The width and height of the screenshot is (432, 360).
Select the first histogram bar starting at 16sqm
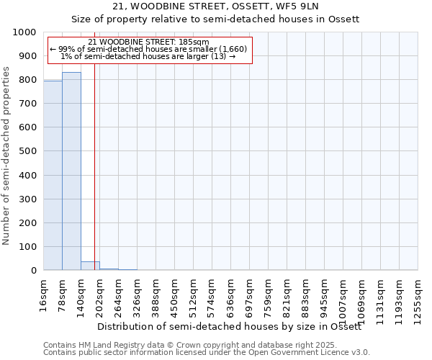pyautogui.click(x=53, y=176)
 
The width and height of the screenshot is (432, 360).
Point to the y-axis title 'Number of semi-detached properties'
pyautogui.click(x=6, y=156)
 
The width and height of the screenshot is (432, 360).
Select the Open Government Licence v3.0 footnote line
pyautogui.click(x=207, y=353)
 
